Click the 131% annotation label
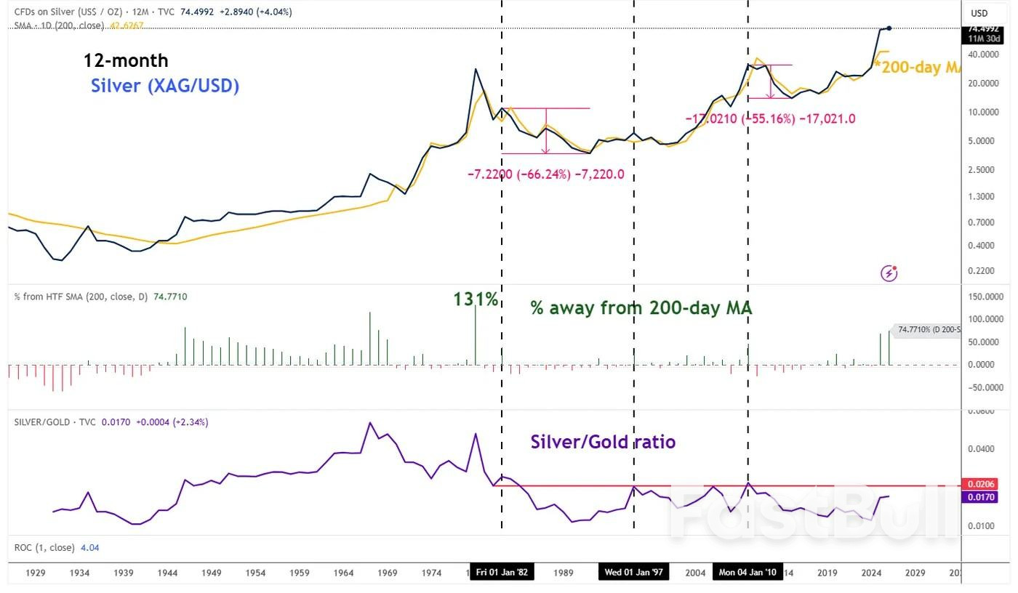(x=476, y=299)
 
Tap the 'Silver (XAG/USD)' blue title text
(x=165, y=86)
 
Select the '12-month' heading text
(x=125, y=60)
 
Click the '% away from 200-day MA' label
(x=641, y=308)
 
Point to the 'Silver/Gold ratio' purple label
(x=603, y=441)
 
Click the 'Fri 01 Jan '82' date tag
(x=502, y=572)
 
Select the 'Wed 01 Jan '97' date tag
(x=633, y=572)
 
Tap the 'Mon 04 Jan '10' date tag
(x=748, y=572)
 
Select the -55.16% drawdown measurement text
(x=770, y=118)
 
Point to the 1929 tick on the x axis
(x=36, y=573)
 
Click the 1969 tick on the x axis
(x=387, y=573)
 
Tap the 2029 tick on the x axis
(x=915, y=573)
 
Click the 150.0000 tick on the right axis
(x=982, y=296)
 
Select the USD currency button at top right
(x=979, y=13)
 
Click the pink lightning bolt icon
(x=889, y=273)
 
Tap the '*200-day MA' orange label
(x=918, y=67)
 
